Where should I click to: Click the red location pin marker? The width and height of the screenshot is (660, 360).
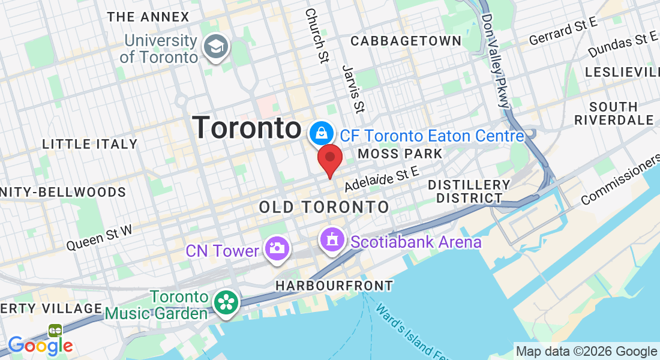click(x=329, y=159)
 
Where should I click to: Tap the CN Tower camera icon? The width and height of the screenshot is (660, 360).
click(x=277, y=247)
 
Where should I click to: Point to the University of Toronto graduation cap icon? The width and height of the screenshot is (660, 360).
click(x=215, y=47)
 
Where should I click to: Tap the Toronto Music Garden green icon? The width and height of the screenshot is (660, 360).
click(x=226, y=302)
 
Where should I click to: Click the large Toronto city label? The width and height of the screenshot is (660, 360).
click(x=247, y=128)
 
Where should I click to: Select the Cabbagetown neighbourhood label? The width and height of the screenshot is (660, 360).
click(x=406, y=41)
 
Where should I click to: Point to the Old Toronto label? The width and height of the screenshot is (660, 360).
click(x=324, y=208)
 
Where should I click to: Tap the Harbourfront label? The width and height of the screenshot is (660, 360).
click(x=334, y=286)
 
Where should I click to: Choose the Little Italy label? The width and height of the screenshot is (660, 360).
click(x=90, y=144)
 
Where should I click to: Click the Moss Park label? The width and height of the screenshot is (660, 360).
click(x=400, y=154)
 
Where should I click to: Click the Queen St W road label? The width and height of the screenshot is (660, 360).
click(x=99, y=237)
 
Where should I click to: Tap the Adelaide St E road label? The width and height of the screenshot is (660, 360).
click(x=381, y=179)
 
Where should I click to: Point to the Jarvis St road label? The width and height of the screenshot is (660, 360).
click(x=353, y=89)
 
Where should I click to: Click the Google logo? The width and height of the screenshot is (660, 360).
click(x=40, y=346)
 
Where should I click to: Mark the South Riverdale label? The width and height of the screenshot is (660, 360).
click(x=614, y=113)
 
